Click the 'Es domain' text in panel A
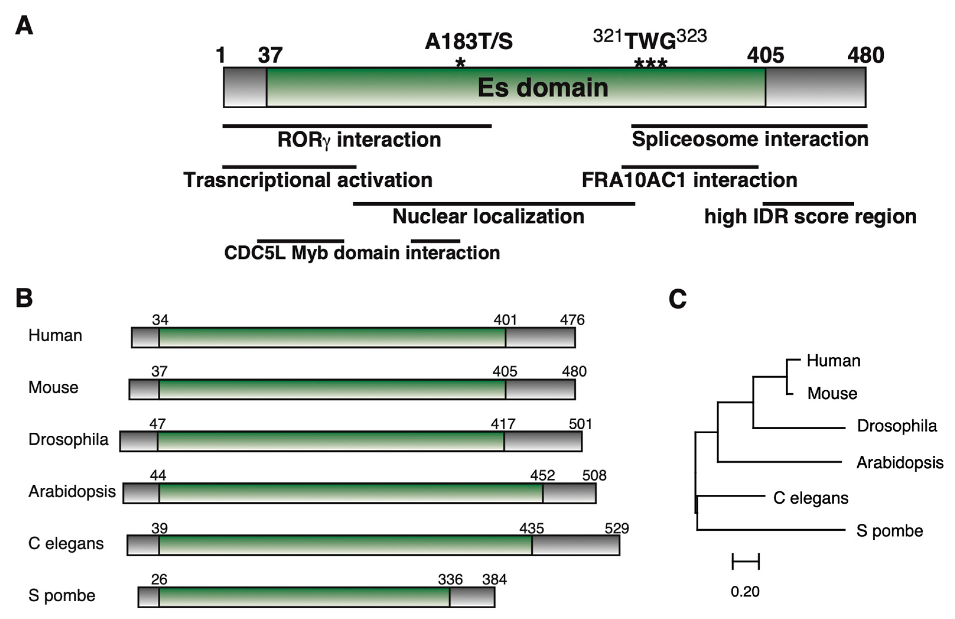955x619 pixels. tap(542, 87)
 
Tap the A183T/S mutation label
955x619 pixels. tap(468, 41)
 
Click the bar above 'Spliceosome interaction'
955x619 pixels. tap(749, 126)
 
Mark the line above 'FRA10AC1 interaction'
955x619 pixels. tap(690, 166)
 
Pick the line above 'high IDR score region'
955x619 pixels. tap(808, 204)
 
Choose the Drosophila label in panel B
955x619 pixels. tap(68, 440)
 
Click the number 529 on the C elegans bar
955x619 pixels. tap(617, 528)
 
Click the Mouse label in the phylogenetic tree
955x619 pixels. tap(832, 393)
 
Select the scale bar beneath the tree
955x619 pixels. tap(746, 561)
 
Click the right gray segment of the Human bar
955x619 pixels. tap(540, 337)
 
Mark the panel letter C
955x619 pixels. tap(678, 299)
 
